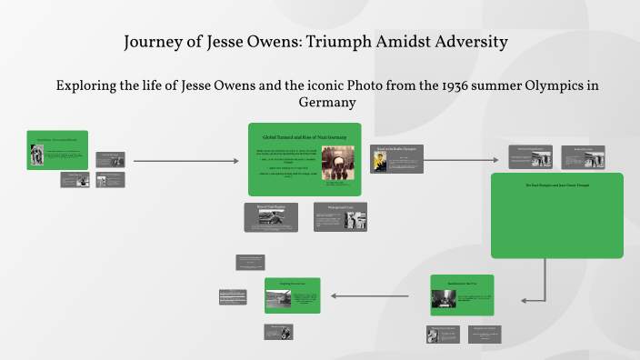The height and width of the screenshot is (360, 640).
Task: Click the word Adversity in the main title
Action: tap(466, 43)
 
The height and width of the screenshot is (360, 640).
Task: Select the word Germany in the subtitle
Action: tap(320, 103)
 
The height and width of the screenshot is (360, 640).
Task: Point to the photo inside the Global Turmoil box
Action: tap(337, 162)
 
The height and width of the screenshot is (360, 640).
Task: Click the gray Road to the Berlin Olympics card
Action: tap(397, 159)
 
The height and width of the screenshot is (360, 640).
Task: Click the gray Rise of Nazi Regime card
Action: tap(271, 216)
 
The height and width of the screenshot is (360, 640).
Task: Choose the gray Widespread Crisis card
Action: tap(341, 216)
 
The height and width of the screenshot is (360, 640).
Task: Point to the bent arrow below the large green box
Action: tap(545, 286)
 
